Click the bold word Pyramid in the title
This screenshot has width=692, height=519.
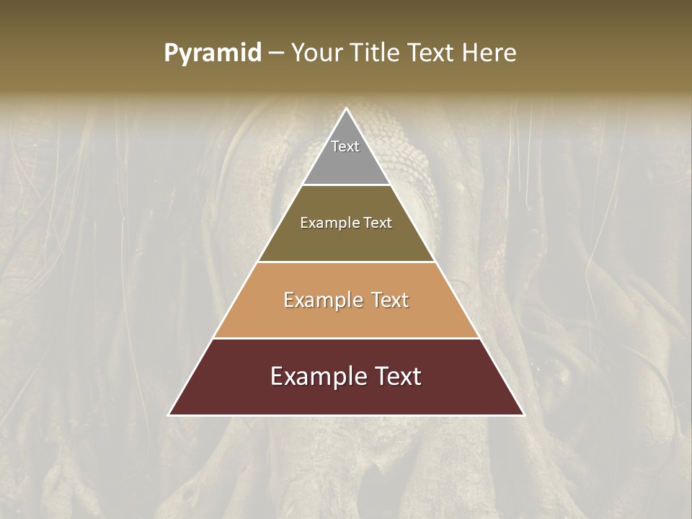[x=213, y=53]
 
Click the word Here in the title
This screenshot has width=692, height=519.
[x=489, y=53]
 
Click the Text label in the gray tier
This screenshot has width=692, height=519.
[x=345, y=146]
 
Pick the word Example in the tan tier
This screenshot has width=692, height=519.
[x=323, y=300]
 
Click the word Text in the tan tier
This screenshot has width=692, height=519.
[x=389, y=300]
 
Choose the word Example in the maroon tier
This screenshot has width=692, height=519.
[x=316, y=376]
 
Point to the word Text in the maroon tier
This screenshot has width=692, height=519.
[x=396, y=376]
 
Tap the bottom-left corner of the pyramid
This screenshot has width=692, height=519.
[x=169, y=414]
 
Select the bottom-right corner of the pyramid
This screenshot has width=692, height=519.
[x=523, y=414]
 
